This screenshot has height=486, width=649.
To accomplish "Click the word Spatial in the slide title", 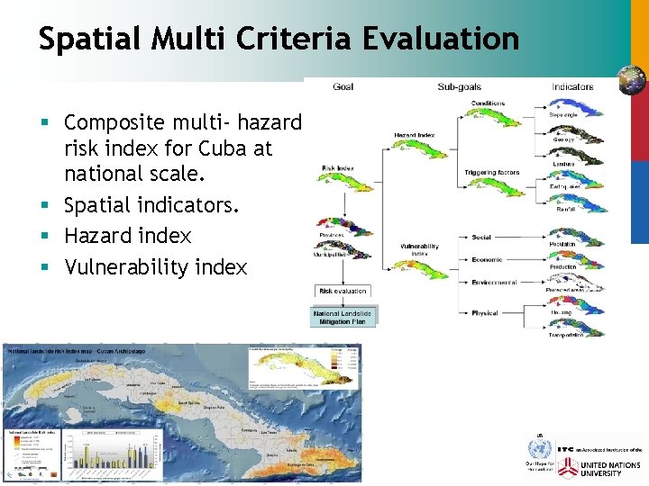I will tap(87, 40).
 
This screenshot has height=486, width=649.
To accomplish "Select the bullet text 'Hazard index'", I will tap(128, 236).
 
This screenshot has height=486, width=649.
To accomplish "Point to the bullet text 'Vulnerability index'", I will tap(155, 267).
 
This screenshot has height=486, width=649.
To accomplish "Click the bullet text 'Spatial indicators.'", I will tap(151, 205).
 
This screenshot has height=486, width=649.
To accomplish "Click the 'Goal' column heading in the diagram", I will tap(343, 87).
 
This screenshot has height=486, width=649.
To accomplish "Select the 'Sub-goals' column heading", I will tap(459, 87).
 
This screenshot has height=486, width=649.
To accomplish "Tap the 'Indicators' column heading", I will tap(572, 87).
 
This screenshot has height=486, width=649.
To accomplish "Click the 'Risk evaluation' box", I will tap(343, 291).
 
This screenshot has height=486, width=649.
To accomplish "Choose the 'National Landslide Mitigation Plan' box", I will tap(343, 316).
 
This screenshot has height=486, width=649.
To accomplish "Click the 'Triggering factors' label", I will tap(492, 172).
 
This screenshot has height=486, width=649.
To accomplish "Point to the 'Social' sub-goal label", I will tap(481, 238).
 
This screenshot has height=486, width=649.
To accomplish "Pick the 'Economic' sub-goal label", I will tap(487, 259).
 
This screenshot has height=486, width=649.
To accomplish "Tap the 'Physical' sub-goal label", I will tap(484, 313).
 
